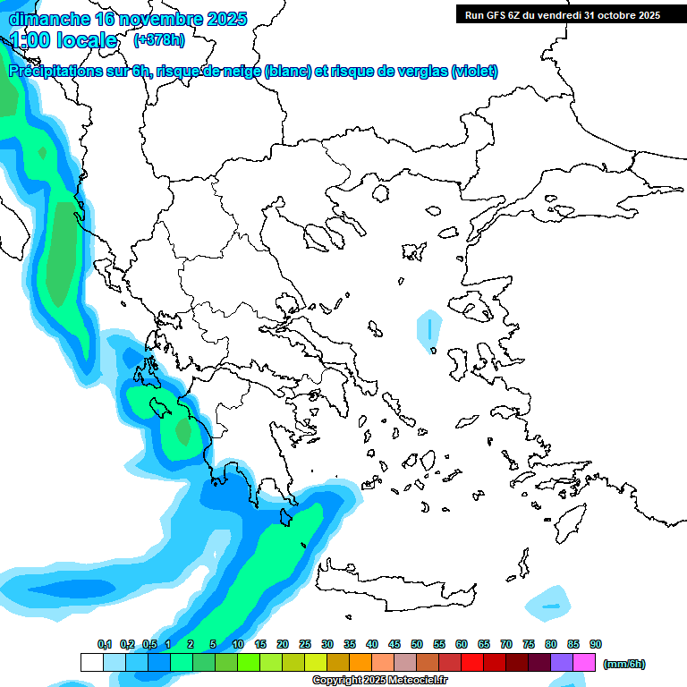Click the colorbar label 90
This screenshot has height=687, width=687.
click(x=595, y=644)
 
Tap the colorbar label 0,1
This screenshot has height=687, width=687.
click(x=105, y=644)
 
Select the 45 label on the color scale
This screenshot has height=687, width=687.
click(x=394, y=644)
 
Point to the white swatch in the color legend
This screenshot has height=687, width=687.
click(x=91, y=662)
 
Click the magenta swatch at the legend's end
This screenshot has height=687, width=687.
click(x=584, y=662)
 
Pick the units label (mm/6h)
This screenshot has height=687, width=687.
click(x=624, y=664)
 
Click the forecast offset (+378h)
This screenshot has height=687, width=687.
click(x=158, y=40)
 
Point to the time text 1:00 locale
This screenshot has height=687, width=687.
click(x=64, y=40)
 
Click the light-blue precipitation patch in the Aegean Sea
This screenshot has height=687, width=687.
click(x=429, y=328)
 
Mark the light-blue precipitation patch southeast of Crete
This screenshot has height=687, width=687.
click(x=548, y=605)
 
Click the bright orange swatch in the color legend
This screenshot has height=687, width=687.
click(x=360, y=662)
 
